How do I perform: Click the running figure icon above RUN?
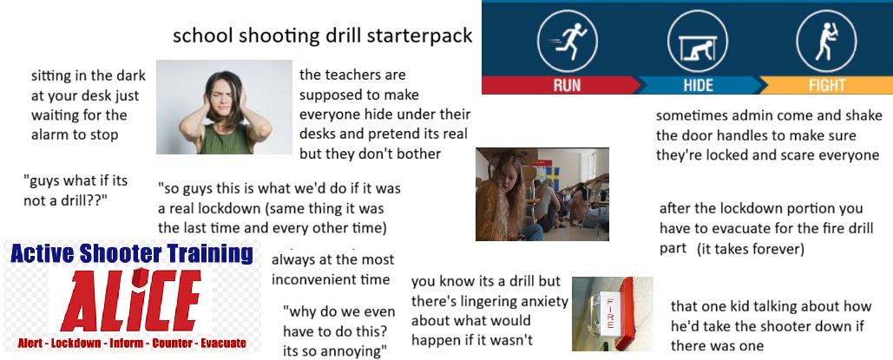point(568,41)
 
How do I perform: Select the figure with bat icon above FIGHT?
point(826,41)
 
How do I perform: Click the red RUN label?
point(567,85)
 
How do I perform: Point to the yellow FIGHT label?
point(826,85)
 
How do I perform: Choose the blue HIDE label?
point(699,85)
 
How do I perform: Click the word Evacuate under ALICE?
point(223,344)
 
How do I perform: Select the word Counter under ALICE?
point(172,344)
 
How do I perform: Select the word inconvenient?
point(331,279)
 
